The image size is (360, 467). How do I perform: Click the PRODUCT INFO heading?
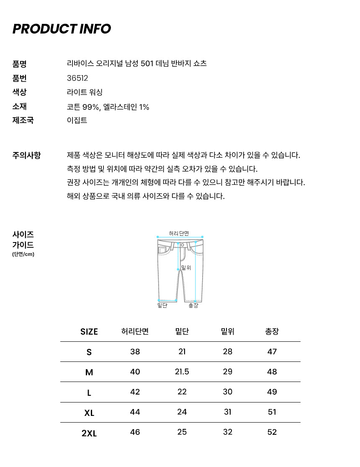click(x=62, y=29)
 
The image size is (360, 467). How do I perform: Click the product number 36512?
click(x=77, y=78)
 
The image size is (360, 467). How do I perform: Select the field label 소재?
click(x=20, y=106)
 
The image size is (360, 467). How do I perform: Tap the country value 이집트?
click(x=77, y=121)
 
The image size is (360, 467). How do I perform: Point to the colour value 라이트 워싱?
click(x=85, y=93)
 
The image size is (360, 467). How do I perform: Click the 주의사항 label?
click(x=27, y=155)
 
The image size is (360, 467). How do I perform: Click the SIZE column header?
click(x=89, y=332)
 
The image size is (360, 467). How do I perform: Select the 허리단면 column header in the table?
click(x=135, y=332)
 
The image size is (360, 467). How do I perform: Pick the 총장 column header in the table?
click(x=272, y=332)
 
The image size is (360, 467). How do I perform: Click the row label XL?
click(x=89, y=413)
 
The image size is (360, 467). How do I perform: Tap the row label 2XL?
click(x=89, y=433)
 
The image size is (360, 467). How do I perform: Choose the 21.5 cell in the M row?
click(x=182, y=372)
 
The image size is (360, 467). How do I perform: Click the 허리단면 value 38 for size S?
click(x=135, y=352)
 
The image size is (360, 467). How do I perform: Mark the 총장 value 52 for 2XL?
click(x=272, y=432)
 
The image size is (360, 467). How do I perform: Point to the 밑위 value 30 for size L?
click(x=227, y=392)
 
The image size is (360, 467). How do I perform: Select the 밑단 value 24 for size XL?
click(x=182, y=412)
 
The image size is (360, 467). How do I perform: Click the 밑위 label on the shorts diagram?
click(x=186, y=268)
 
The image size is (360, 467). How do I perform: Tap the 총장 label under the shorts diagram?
click(x=193, y=306)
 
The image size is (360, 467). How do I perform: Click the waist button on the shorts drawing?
click(x=182, y=245)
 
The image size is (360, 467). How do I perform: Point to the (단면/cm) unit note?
click(x=23, y=254)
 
